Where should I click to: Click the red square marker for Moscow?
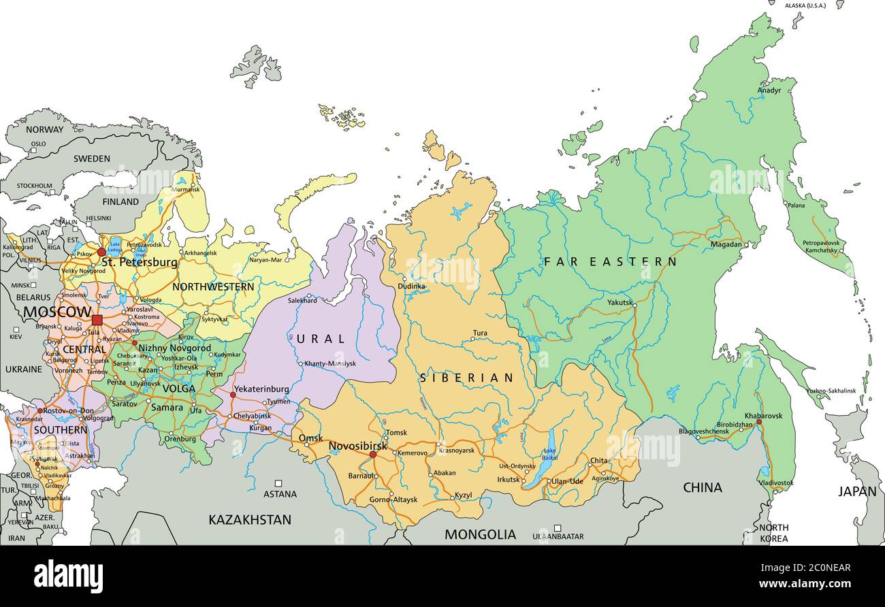(97, 319)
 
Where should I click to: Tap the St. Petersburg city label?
(139, 262)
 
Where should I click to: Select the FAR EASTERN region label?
(610, 261)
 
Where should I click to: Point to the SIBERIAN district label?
(466, 378)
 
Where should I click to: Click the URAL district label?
(320, 338)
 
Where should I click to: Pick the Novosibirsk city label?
(357, 446)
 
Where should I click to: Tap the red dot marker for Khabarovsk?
(759, 422)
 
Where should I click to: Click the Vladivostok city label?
(776, 482)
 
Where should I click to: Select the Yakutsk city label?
(620, 302)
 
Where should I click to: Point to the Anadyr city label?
(769, 90)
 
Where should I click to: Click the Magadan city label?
(726, 244)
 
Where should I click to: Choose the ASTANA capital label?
(280, 494)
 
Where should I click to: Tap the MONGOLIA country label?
(480, 535)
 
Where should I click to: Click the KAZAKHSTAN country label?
(249, 520)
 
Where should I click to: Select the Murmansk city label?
(185, 189)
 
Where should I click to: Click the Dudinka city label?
(411, 286)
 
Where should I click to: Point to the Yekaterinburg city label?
(261, 389)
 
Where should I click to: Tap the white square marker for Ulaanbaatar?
(557, 527)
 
